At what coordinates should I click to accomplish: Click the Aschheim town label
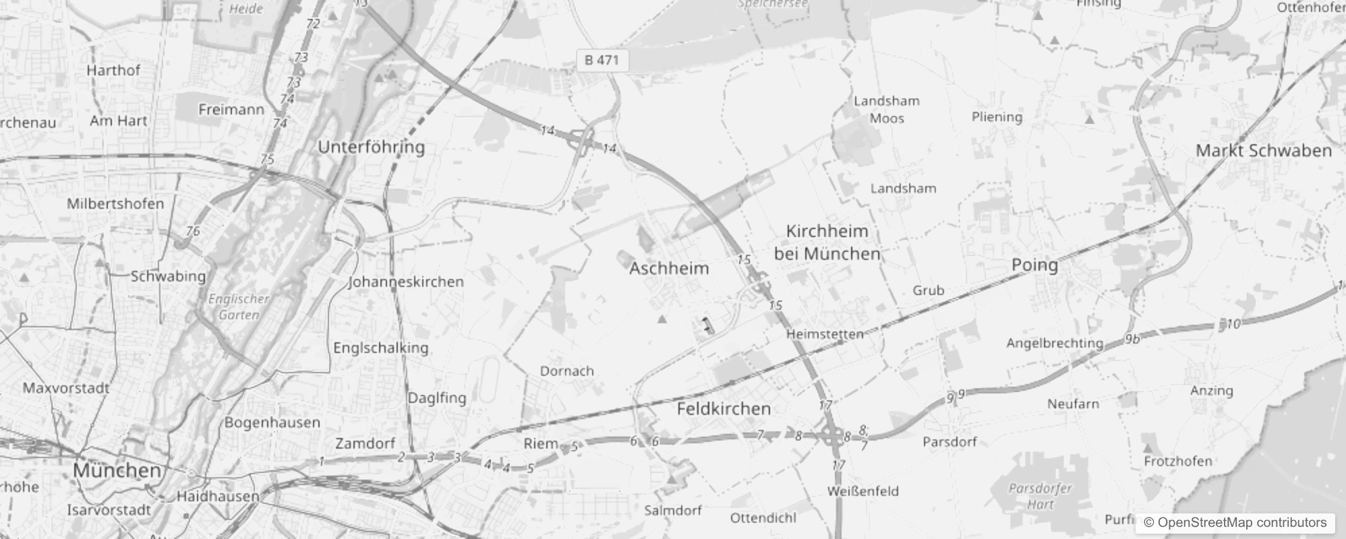(x=669, y=268)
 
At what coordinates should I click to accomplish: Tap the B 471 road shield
(x=602, y=60)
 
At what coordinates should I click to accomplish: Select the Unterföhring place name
(x=371, y=147)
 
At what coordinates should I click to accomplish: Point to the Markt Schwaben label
(x=1264, y=150)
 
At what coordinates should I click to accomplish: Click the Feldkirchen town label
(x=724, y=408)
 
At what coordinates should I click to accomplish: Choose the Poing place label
(x=1034, y=265)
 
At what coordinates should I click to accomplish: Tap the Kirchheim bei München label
(x=827, y=243)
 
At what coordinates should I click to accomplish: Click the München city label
(x=117, y=470)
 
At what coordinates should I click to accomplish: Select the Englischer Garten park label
(x=239, y=307)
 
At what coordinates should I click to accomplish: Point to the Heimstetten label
(x=825, y=334)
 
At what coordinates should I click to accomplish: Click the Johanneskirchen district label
(x=406, y=282)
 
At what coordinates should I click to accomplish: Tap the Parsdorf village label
(x=949, y=442)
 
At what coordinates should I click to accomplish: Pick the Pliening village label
(x=997, y=117)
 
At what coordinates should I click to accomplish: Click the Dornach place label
(x=566, y=371)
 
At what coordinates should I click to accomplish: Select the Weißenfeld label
(x=863, y=490)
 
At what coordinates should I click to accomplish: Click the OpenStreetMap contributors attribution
(x=1235, y=522)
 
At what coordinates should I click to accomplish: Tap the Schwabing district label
(x=168, y=276)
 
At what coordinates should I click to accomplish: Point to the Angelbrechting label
(x=1055, y=343)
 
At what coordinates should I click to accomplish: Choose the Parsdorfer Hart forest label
(x=1040, y=495)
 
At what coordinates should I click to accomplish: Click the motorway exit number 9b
(x=1132, y=339)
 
